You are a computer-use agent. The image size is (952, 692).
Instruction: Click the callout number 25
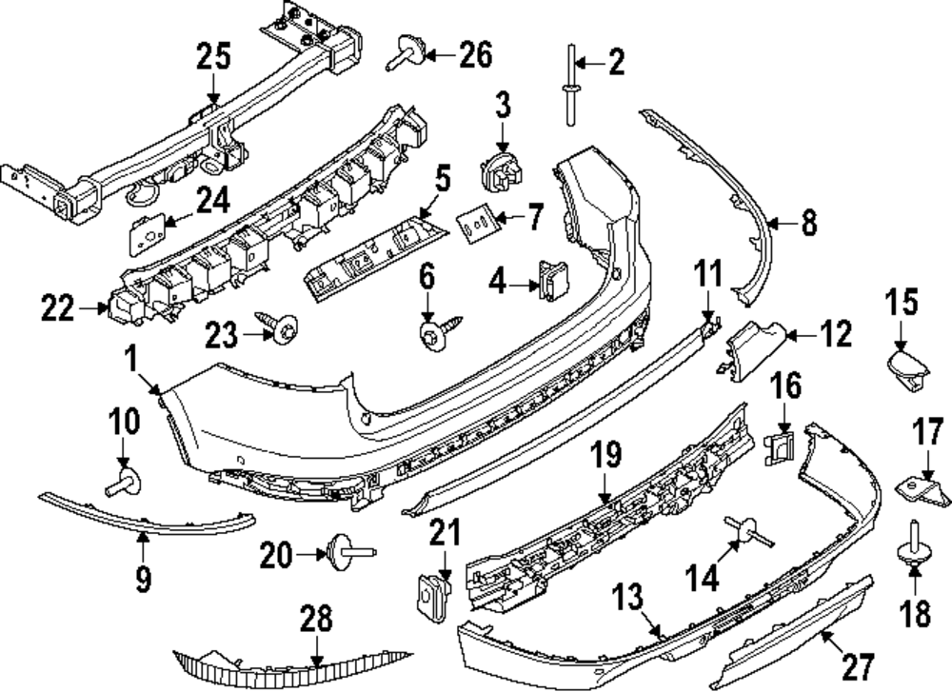(x=213, y=57)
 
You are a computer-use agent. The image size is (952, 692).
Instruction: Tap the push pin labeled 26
(x=407, y=54)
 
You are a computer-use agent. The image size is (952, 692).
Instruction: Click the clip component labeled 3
(x=501, y=171)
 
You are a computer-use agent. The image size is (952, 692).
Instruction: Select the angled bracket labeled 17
(x=920, y=483)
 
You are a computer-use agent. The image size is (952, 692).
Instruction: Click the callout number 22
(x=62, y=307)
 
